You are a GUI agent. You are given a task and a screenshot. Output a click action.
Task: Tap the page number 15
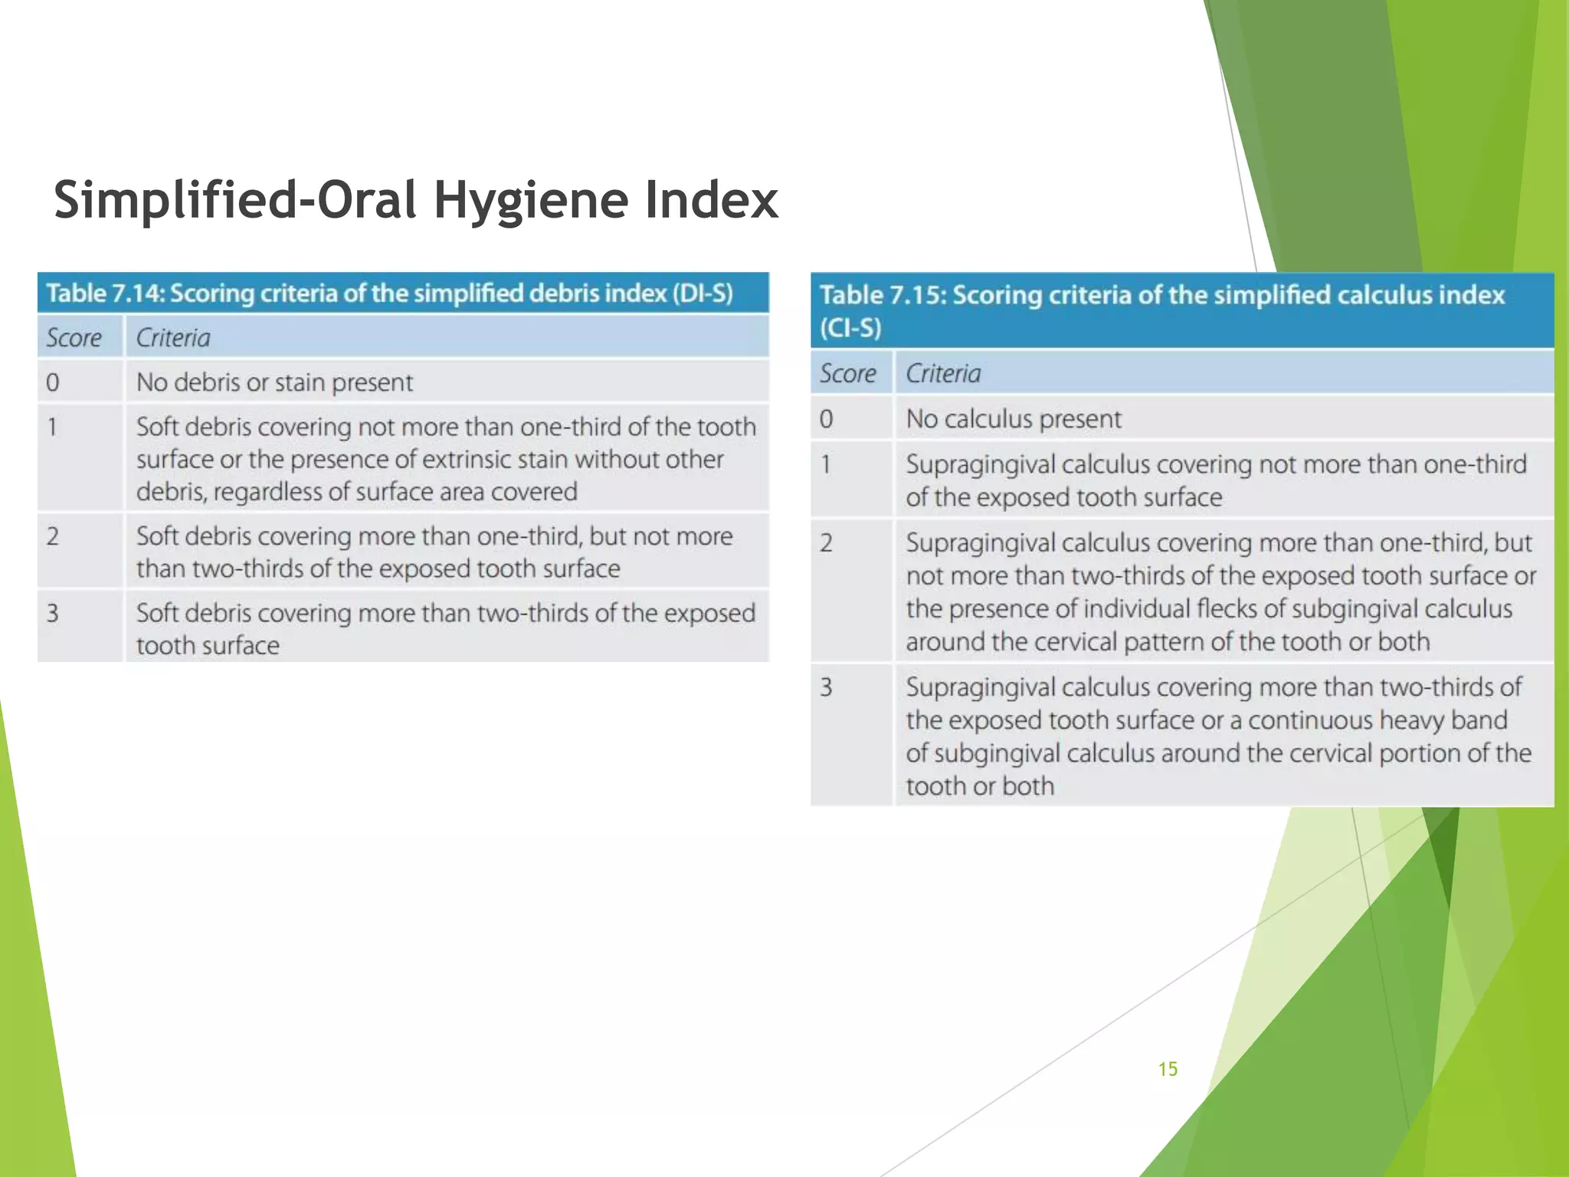1168,1069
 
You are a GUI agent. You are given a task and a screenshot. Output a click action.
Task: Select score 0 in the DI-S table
52,382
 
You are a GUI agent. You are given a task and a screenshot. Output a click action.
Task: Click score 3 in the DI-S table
52,613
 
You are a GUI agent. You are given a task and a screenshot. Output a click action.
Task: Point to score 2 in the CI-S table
826,543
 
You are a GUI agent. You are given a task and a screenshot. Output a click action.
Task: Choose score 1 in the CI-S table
826,464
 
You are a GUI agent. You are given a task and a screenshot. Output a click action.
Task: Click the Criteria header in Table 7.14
173,337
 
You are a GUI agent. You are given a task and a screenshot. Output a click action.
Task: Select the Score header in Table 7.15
847,373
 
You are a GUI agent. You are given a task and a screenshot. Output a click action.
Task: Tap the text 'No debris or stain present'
274,382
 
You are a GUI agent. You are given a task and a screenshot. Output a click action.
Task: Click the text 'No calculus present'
1013,419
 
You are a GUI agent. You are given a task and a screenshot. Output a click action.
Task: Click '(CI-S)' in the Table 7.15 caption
850,328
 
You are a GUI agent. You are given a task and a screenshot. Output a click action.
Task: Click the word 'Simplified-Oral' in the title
236,201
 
